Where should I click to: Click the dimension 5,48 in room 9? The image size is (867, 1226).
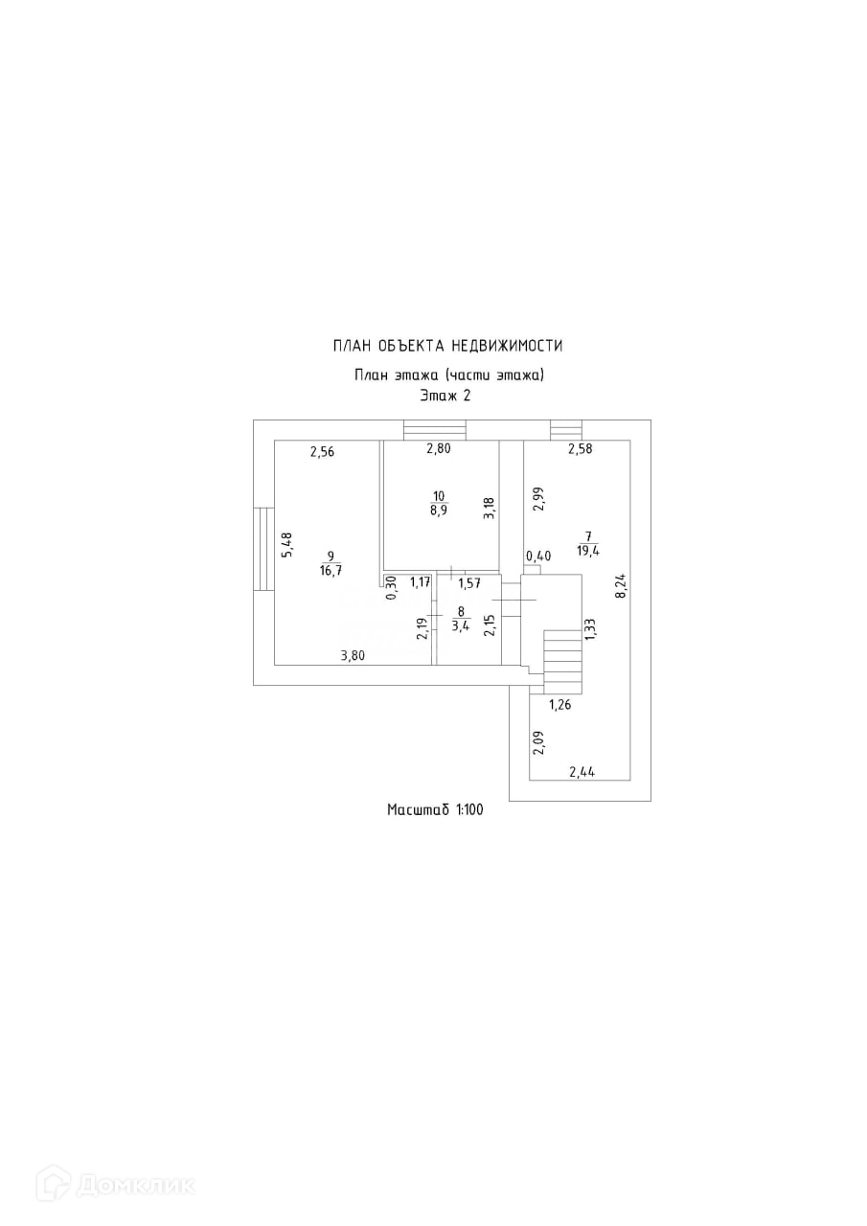pos(286,545)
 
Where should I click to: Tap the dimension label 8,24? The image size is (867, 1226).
pos(620,586)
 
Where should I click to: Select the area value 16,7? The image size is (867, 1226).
pos(329,571)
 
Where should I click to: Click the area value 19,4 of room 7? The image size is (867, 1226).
pos(588,551)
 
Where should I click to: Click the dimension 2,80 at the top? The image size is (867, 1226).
pos(439,449)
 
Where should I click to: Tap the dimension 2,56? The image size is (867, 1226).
pos(322,451)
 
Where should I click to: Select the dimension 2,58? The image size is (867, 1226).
pos(581,449)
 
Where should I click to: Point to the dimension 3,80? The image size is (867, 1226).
pos(353,655)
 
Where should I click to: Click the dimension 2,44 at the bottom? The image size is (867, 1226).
pos(582,772)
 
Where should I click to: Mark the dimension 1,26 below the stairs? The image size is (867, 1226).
pos(559,705)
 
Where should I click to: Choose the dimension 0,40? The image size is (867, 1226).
pos(538,556)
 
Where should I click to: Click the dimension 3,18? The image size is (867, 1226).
pos(490,509)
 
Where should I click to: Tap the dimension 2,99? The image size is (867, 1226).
pos(538,499)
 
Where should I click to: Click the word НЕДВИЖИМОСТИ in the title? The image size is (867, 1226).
pos(507,346)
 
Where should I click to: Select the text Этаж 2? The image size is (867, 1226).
pos(445,396)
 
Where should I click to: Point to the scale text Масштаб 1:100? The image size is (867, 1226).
pos(435,809)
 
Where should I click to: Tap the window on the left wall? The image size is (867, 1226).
pos(263,549)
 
